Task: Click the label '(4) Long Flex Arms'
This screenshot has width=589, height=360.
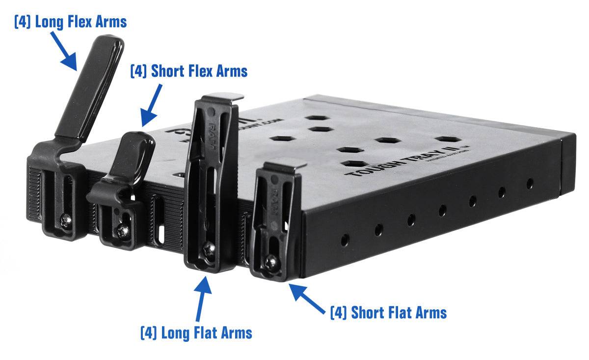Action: point(70,22)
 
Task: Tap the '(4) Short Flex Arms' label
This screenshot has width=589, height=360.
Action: point(188,71)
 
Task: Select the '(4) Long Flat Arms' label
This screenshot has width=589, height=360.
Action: point(196,332)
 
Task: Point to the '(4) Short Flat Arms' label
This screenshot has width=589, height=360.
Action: point(388,312)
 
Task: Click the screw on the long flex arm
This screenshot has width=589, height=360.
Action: point(64,222)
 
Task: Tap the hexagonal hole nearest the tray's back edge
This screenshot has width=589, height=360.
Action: point(318,118)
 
